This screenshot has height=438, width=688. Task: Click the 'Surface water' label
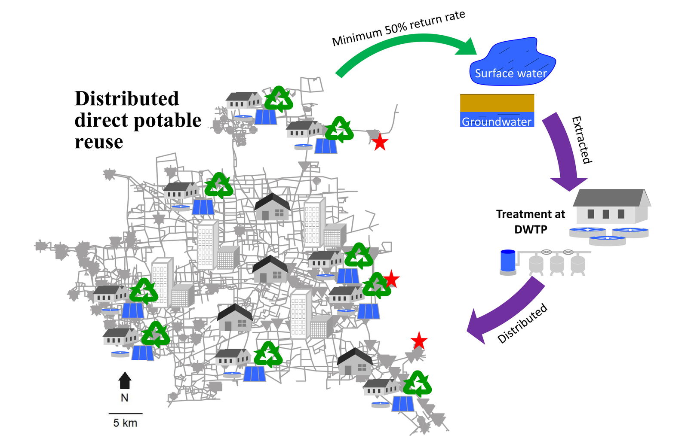point(510,73)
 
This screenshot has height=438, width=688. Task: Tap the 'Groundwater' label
point(496,122)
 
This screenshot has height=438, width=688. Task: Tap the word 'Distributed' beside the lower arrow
point(522,323)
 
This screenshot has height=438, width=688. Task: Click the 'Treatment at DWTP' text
point(530,221)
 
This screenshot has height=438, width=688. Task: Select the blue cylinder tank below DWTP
point(508,262)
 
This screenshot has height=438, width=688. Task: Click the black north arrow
point(125,380)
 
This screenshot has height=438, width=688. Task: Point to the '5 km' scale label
point(125,423)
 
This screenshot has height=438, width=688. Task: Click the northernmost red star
point(380,142)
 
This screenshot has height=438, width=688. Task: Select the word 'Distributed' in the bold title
point(126,98)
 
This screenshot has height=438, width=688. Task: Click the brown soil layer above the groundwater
point(497,103)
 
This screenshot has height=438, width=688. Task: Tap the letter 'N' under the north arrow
point(124,398)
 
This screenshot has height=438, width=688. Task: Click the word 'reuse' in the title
point(99,142)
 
